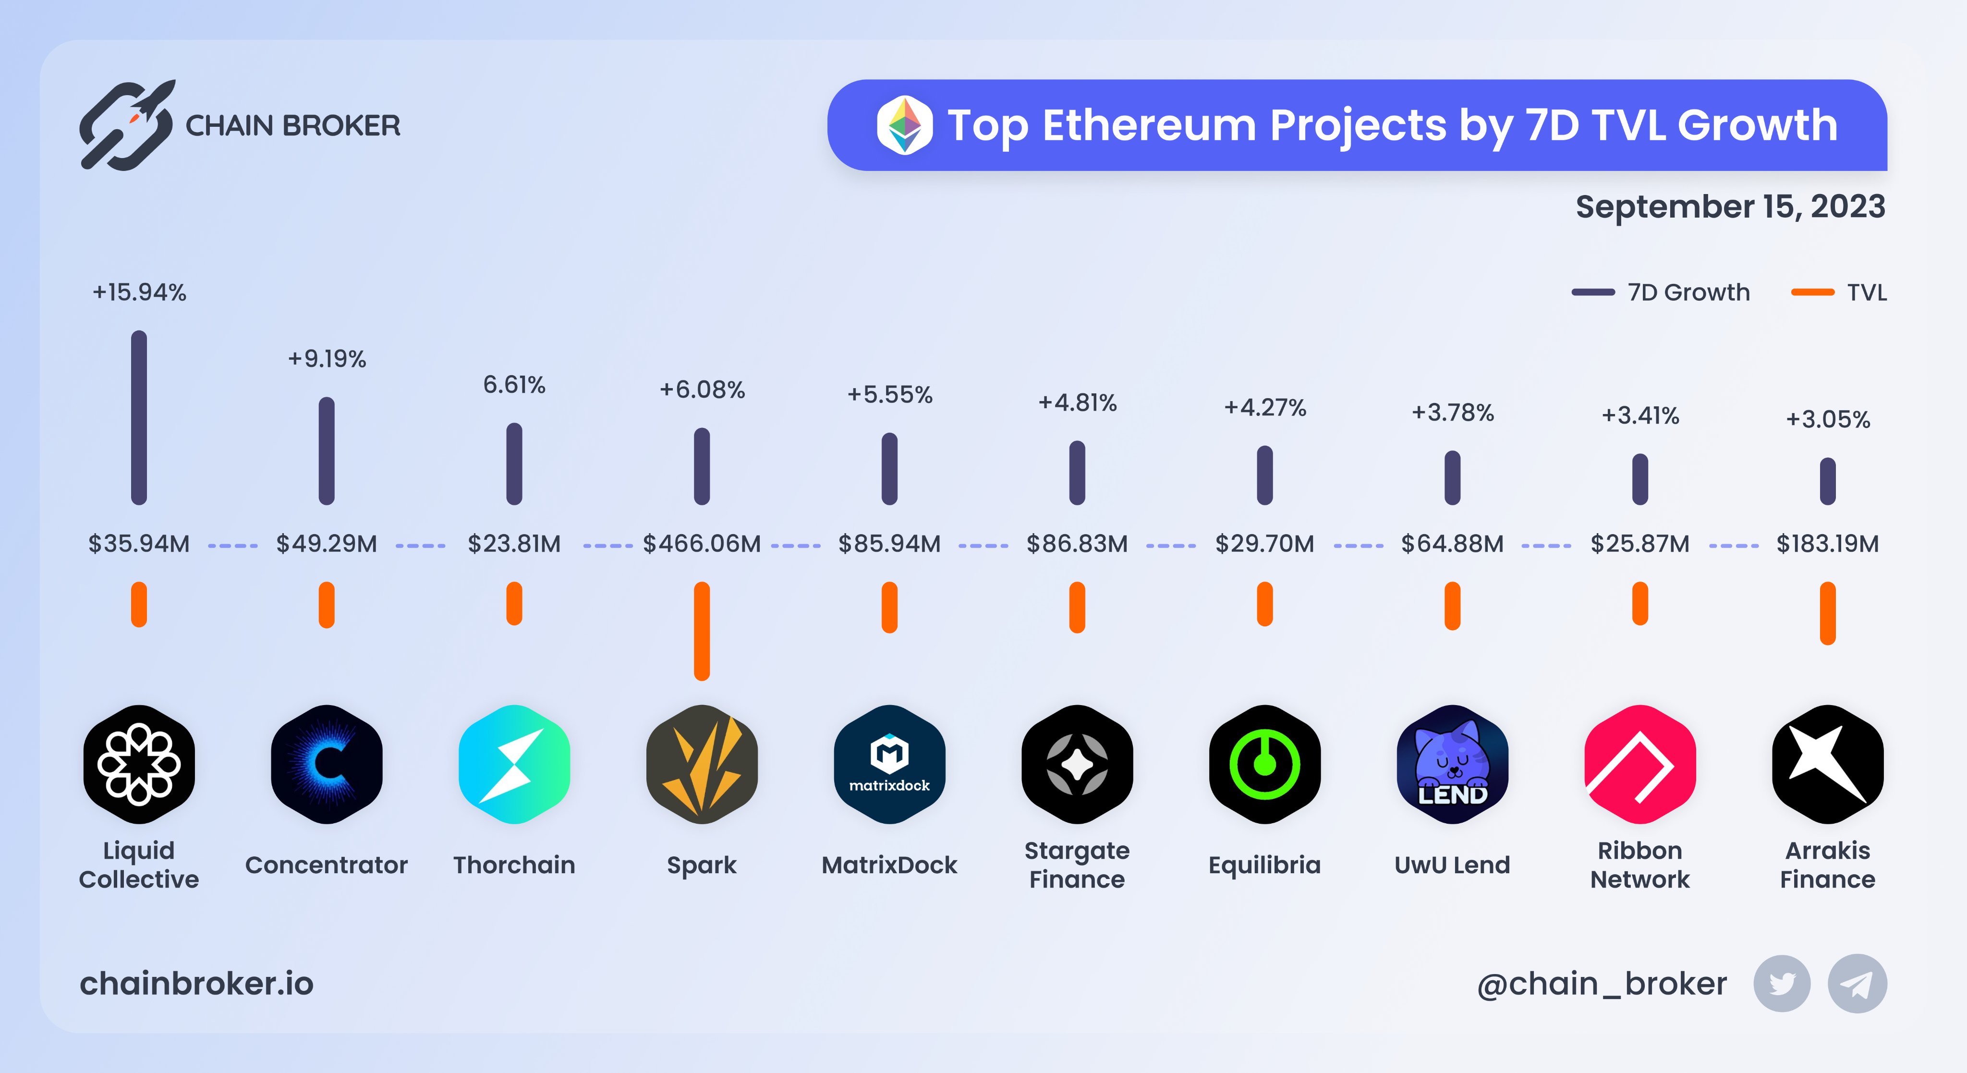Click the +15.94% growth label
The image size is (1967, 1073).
pyautogui.click(x=139, y=293)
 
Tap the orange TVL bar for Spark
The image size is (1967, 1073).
pyautogui.click(x=702, y=631)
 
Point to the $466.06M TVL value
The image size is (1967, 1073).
pyautogui.click(x=702, y=544)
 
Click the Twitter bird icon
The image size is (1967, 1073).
pyautogui.click(x=1782, y=984)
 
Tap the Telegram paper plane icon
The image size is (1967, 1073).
pyautogui.click(x=1857, y=984)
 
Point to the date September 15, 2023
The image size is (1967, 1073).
pyautogui.click(x=1730, y=207)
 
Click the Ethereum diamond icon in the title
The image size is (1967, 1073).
pyautogui.click(x=904, y=125)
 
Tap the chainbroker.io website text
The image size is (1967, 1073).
pyautogui.click(x=196, y=984)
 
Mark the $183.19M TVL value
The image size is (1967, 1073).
pyautogui.click(x=1827, y=544)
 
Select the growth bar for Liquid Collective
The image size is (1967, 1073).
pyautogui.click(x=139, y=418)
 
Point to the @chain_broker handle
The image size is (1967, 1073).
pyautogui.click(x=1601, y=984)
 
